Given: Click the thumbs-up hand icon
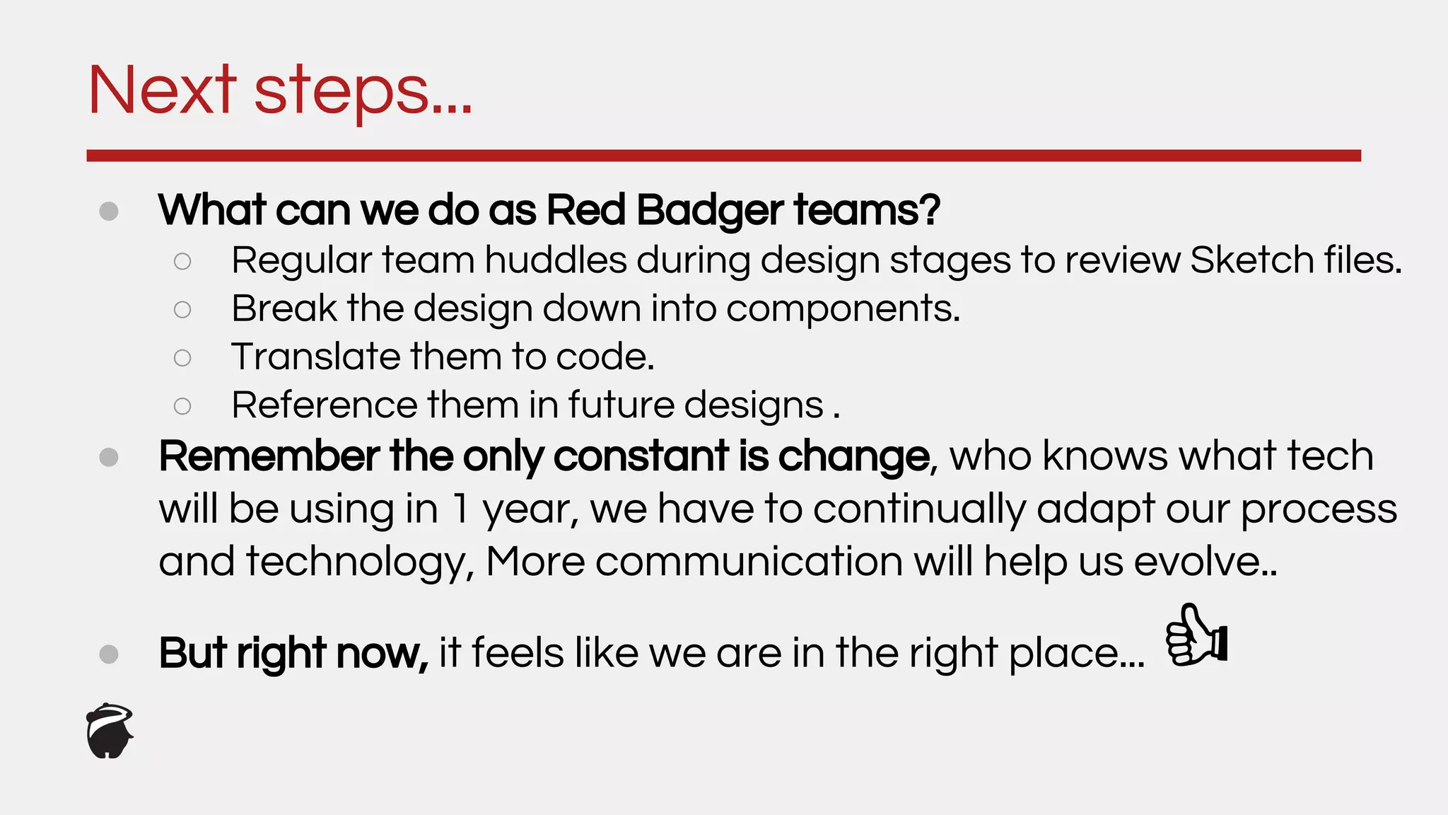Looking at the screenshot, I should click(1196, 635).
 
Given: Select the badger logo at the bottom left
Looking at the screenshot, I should click(110, 732).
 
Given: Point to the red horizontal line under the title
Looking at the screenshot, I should click(723, 156).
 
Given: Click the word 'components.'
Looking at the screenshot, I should click(843, 309).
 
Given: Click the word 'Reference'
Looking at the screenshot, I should click(325, 405).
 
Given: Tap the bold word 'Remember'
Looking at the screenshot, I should click(269, 456).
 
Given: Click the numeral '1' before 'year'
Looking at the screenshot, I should click(460, 509).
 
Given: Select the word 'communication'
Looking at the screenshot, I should click(749, 562).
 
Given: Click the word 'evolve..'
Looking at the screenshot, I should click(1205, 562).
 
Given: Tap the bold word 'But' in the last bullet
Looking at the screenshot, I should click(192, 652).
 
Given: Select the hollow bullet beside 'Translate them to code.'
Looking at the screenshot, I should click(182, 358).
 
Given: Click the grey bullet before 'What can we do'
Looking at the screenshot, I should click(109, 212).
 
